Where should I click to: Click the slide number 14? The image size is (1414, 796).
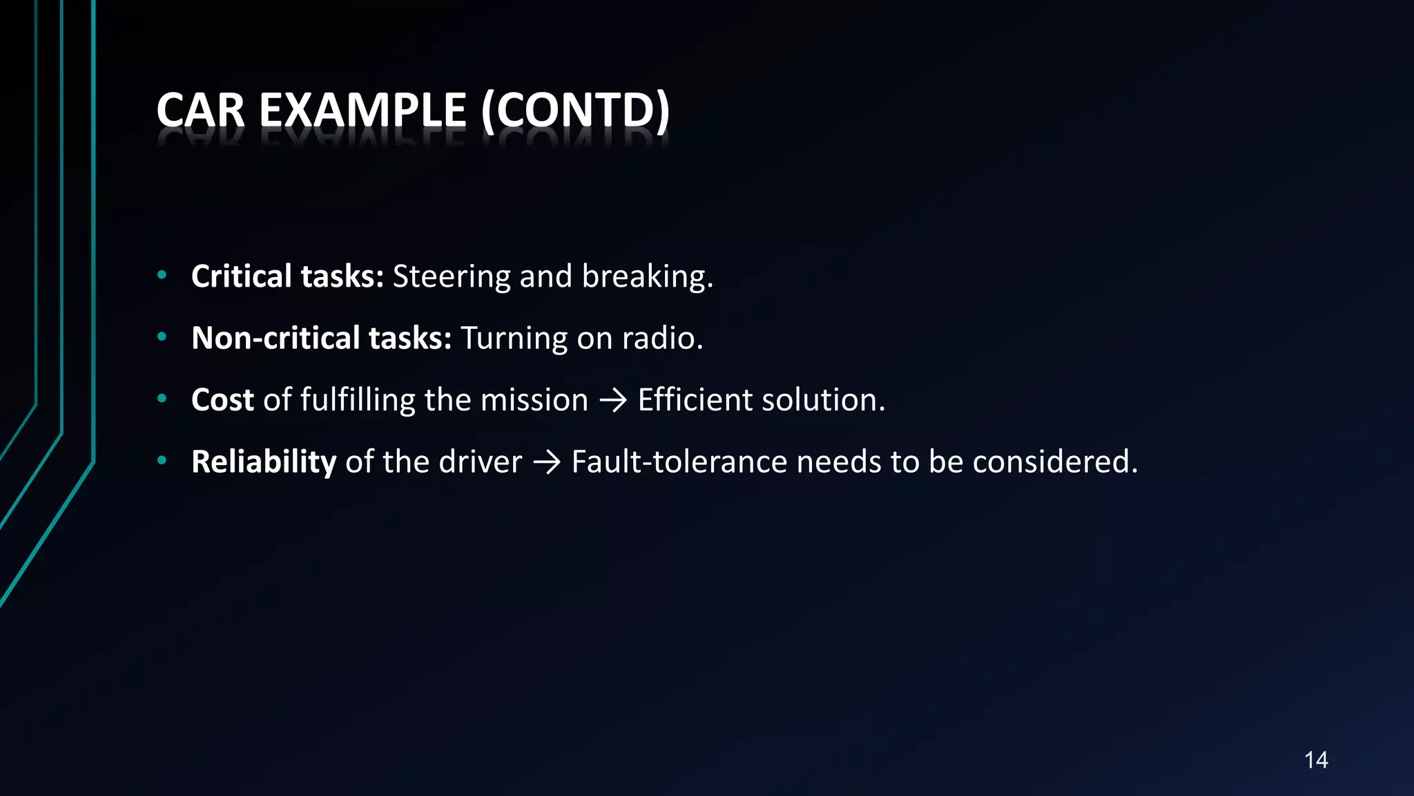(x=1316, y=760)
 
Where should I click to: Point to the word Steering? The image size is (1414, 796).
(x=452, y=277)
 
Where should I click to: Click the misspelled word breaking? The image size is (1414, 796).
(x=647, y=277)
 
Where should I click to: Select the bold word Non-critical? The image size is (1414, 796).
(x=276, y=339)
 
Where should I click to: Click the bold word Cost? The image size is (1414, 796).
(x=222, y=400)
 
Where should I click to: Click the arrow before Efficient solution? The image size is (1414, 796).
(x=613, y=401)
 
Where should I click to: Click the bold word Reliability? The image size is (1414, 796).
(x=264, y=462)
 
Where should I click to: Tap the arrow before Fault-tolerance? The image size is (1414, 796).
(x=547, y=462)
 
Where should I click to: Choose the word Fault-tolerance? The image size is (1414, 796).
(x=679, y=462)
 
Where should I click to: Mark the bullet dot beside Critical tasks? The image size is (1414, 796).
(x=162, y=275)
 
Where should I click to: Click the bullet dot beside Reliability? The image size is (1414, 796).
(x=162, y=460)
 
